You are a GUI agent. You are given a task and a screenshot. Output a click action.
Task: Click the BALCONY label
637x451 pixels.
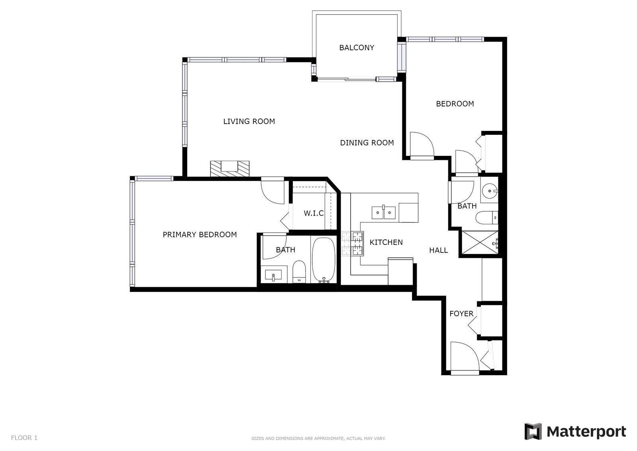tap(357, 47)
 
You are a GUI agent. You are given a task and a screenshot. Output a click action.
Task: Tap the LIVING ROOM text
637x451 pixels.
tap(249, 122)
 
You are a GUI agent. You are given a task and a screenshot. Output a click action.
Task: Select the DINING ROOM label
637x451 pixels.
tap(367, 143)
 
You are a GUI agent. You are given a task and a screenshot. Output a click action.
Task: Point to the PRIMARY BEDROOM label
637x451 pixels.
tap(200, 234)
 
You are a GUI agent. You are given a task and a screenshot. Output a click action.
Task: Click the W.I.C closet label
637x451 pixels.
tap(314, 213)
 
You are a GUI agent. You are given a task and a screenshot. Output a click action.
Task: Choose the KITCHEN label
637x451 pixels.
tap(386, 242)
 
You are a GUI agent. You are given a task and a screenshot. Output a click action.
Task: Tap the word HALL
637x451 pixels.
tap(439, 250)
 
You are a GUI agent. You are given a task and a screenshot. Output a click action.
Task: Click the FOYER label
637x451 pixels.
tap(461, 314)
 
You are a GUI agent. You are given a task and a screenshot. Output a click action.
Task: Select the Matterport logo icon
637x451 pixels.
tap(533, 431)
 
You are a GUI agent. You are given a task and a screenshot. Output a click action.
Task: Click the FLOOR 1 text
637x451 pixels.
tap(24, 438)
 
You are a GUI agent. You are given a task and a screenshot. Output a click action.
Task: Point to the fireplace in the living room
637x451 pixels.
tap(230, 169)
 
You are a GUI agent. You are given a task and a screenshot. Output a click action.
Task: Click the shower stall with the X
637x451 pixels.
tap(480, 242)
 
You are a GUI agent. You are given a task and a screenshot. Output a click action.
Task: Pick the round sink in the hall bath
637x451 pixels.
tap(490, 191)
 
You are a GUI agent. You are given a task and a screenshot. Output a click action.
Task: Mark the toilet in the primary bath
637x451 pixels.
tap(299, 272)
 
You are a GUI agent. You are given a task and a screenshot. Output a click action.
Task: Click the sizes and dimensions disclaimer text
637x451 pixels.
tap(318, 439)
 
